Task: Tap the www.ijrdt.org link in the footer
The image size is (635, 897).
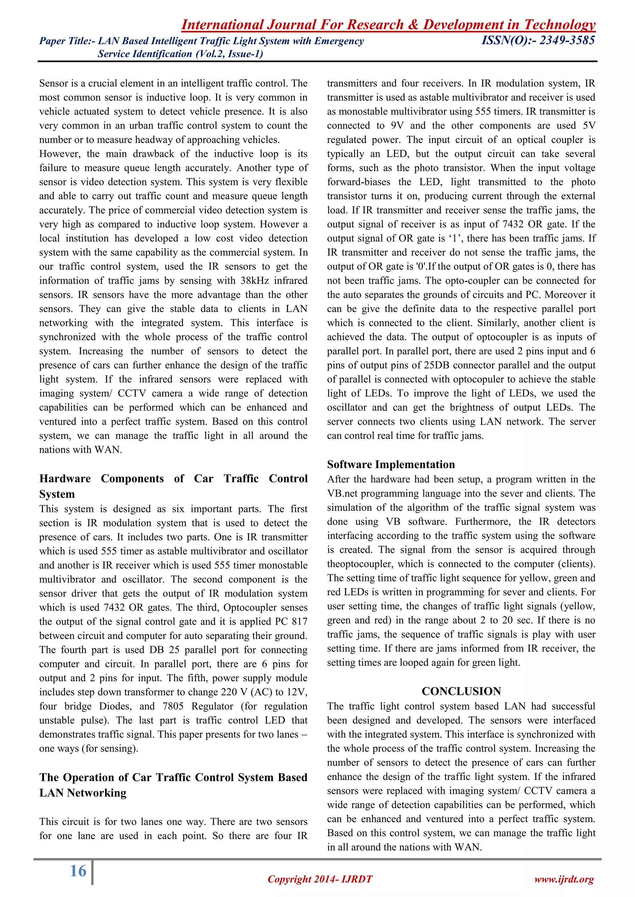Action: (564, 879)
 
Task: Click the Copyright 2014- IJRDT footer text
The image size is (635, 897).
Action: (320, 879)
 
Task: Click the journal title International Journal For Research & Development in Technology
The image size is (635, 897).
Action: (388, 24)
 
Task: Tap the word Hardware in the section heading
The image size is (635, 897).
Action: (65, 479)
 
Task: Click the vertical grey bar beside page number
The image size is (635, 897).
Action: (93, 872)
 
